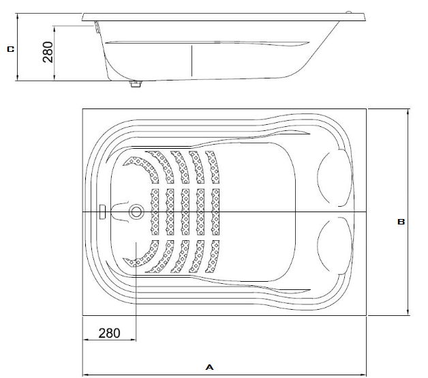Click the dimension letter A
209,367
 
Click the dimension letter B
401,222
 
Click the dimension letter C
11,49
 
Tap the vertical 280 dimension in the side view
48,52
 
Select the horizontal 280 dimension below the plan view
109,333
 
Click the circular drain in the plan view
136,212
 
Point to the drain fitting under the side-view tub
136,84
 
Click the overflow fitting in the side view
97,27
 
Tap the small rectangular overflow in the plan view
102,212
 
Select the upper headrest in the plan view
335,177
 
